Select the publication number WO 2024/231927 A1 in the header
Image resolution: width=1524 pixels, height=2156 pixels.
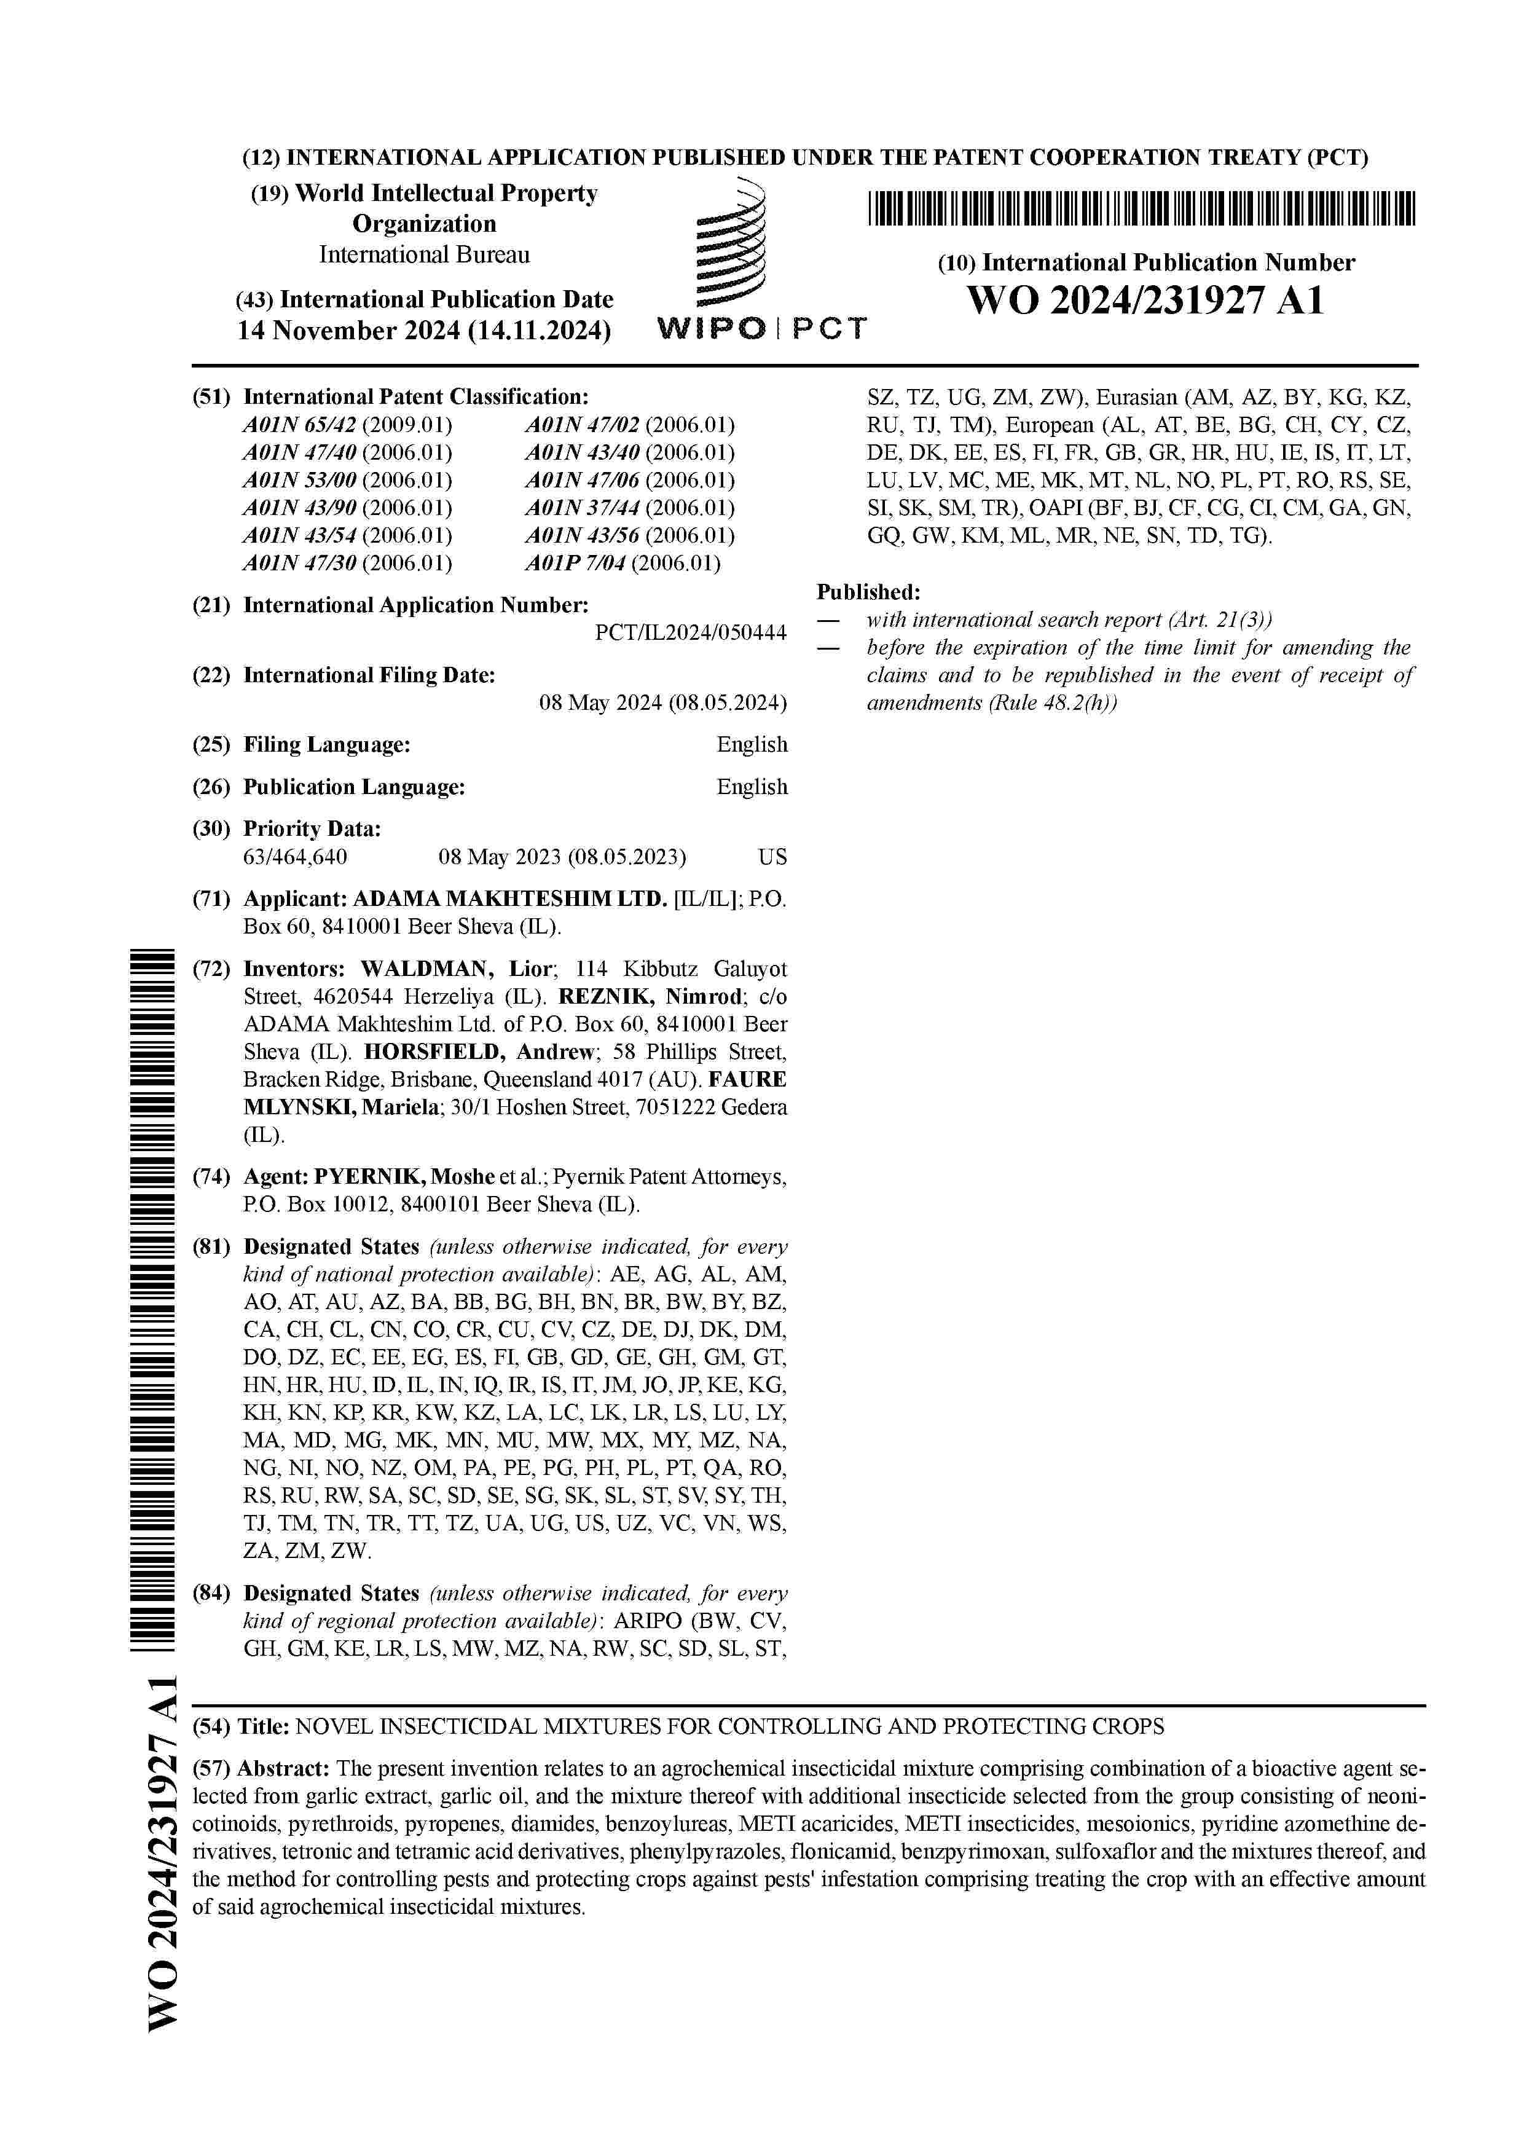(1145, 301)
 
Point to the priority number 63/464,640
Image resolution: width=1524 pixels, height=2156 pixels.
(295, 856)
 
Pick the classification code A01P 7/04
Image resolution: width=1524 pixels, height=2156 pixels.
(575, 564)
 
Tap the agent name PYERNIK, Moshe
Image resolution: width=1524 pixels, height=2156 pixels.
(404, 1176)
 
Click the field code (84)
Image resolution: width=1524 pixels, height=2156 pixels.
(211, 1594)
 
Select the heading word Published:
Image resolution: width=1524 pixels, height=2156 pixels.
(868, 592)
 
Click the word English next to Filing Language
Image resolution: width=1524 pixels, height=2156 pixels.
(751, 745)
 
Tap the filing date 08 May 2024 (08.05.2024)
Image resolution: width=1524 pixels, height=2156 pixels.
(662, 702)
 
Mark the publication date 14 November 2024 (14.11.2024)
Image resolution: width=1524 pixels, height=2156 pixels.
(423, 331)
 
